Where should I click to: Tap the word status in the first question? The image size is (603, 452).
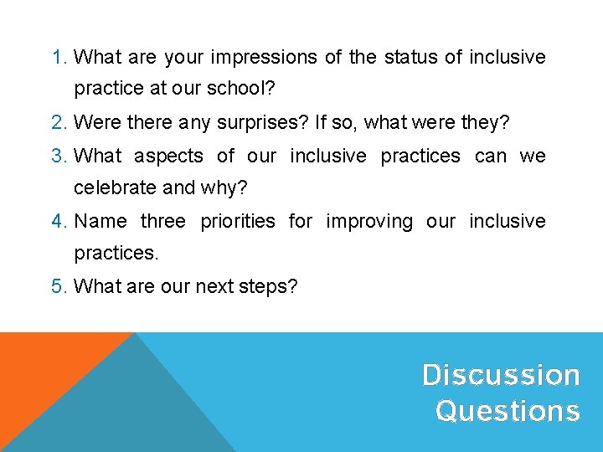(x=410, y=58)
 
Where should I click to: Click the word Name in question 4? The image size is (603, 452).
(x=100, y=221)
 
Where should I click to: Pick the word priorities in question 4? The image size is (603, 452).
(x=237, y=221)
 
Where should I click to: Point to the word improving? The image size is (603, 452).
(x=369, y=221)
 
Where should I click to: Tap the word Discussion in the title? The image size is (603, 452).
(x=501, y=375)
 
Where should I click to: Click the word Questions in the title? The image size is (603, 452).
(x=508, y=411)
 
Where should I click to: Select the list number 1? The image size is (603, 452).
(x=58, y=58)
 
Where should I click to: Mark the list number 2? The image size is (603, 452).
(x=58, y=122)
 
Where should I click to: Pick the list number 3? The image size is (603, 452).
(x=58, y=156)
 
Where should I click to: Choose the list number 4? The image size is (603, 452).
(x=58, y=221)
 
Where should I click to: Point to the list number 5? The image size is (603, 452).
(x=58, y=286)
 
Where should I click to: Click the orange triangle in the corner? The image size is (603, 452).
(x=42, y=368)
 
